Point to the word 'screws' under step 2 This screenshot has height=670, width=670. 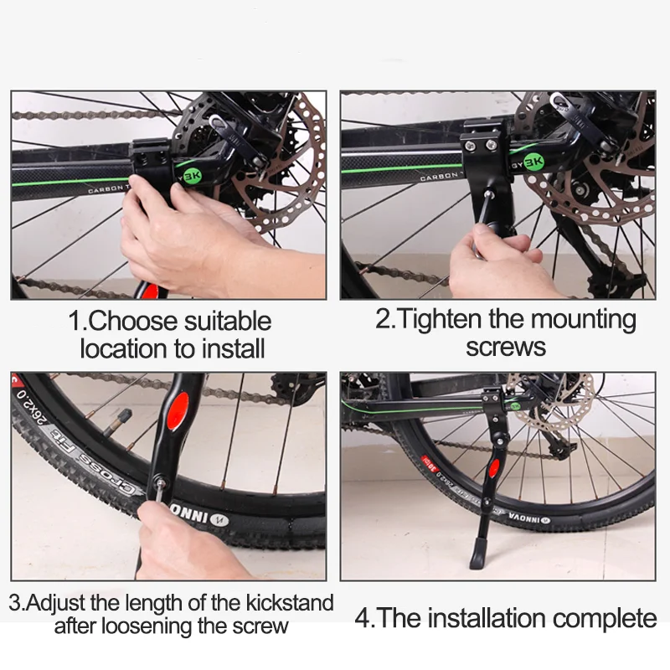(x=506, y=347)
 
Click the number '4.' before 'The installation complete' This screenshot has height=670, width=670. (x=364, y=620)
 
